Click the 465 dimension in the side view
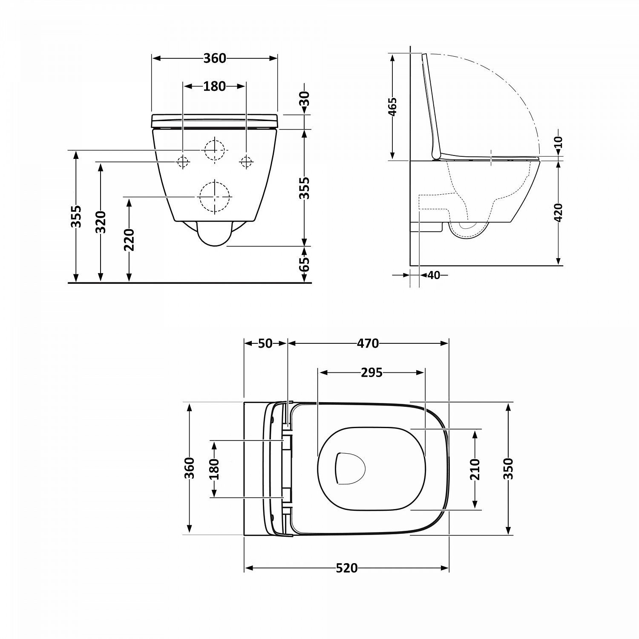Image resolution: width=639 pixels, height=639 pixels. point(392,106)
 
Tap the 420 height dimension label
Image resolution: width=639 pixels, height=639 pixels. point(558,212)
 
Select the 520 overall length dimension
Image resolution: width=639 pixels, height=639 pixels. point(346,568)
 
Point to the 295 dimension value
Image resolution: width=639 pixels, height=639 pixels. point(371,373)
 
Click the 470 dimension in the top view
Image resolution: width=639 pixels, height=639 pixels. point(368,343)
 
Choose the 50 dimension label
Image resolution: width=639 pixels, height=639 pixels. point(265,343)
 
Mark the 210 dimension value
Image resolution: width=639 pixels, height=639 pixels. point(475,469)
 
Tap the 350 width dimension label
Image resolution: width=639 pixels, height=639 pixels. point(508,469)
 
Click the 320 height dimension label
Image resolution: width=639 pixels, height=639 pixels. point(101,222)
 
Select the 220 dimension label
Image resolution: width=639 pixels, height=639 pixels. point(129,239)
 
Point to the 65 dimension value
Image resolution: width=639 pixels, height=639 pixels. point(304,264)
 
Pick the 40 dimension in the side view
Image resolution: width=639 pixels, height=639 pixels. point(433,275)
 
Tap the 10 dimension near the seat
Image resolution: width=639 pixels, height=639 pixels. point(558,142)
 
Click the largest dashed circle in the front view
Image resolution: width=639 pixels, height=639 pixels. point(215,197)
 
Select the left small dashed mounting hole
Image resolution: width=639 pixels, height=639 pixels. point(183,161)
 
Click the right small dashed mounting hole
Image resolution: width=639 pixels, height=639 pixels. point(246,161)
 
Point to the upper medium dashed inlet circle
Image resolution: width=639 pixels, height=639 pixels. point(215,150)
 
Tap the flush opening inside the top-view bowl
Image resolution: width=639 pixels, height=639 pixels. point(350,468)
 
